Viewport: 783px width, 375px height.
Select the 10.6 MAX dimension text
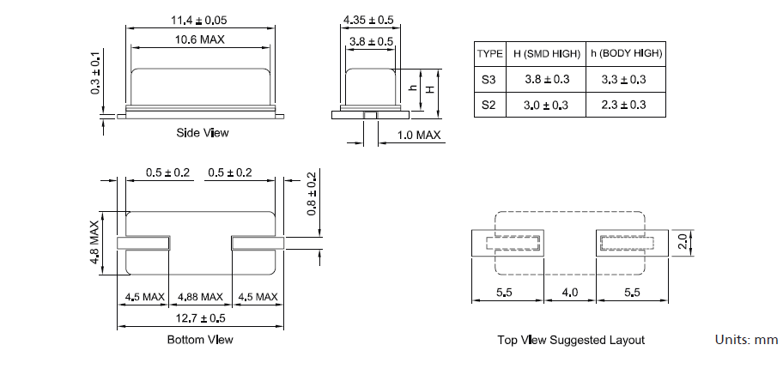point(199,41)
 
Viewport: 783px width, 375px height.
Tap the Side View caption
point(203,133)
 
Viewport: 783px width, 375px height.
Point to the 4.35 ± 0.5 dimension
point(368,20)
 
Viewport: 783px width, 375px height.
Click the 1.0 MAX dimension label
point(420,136)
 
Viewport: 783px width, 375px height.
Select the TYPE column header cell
point(489,53)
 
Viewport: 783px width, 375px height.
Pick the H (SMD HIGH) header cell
point(547,53)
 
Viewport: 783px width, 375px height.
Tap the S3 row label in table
point(489,80)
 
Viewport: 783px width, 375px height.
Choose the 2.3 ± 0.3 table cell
point(628,106)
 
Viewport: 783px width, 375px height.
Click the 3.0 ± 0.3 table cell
point(547,106)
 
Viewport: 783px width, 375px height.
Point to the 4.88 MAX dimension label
point(200,298)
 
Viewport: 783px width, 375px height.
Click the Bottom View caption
point(200,340)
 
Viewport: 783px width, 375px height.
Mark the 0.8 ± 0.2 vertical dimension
point(311,194)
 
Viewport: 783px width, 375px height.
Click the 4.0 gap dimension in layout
point(570,293)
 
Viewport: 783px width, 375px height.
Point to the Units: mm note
point(746,340)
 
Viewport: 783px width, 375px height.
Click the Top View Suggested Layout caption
point(571,340)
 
